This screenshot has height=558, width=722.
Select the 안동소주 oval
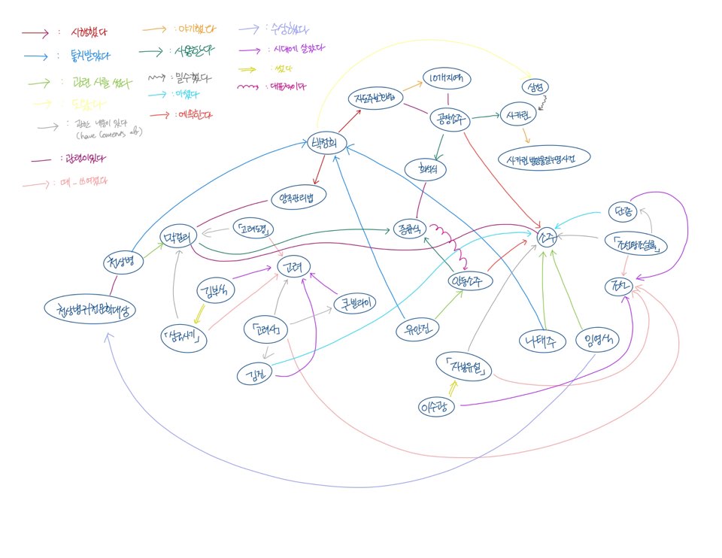tap(470, 282)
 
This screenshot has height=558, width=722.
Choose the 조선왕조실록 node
tap(636, 243)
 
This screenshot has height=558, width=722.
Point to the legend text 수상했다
tap(286, 30)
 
